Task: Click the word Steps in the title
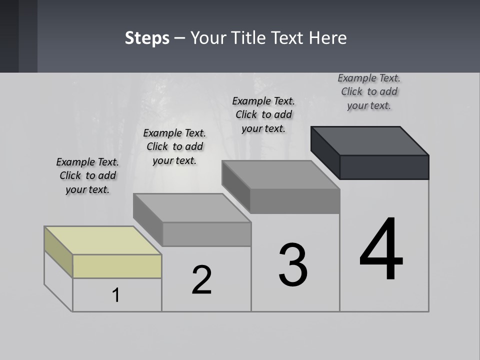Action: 147,38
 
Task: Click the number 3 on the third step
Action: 293,265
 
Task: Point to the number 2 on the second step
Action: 202,280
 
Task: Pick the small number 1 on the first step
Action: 116,295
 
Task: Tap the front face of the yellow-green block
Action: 117,266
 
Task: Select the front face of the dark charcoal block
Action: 384,167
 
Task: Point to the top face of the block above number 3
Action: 280,175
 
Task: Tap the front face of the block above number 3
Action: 295,201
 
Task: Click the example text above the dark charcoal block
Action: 369,91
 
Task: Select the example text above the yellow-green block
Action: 87,175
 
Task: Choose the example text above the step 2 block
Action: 174,146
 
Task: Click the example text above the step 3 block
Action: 263,114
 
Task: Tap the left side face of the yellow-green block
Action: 58,252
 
